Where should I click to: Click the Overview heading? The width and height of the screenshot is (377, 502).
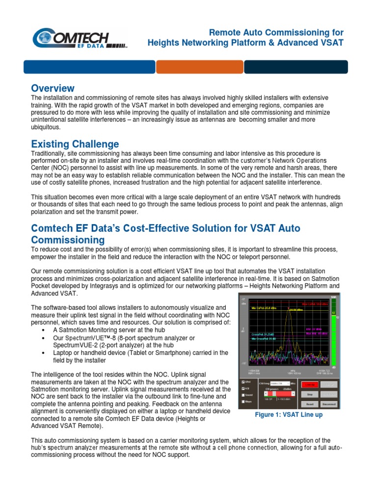[53, 88]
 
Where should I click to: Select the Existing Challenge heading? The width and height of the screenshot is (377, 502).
[75, 144]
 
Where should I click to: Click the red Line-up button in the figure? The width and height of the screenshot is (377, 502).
[309, 385]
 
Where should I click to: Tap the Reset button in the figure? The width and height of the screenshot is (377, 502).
[309, 404]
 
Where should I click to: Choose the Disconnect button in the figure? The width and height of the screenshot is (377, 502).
[329, 404]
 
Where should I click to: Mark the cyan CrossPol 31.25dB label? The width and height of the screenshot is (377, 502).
[263, 334]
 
